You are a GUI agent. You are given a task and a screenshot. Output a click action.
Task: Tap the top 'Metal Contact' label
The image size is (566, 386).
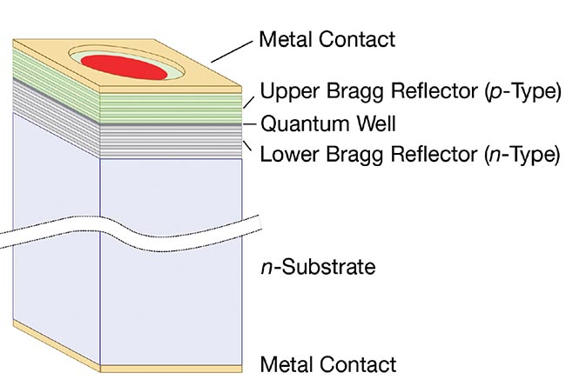click(x=327, y=39)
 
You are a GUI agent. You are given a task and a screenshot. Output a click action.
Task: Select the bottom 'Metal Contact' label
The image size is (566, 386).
click(x=329, y=364)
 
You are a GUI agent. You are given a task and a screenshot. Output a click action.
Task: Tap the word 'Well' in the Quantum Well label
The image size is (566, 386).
click(x=378, y=123)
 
